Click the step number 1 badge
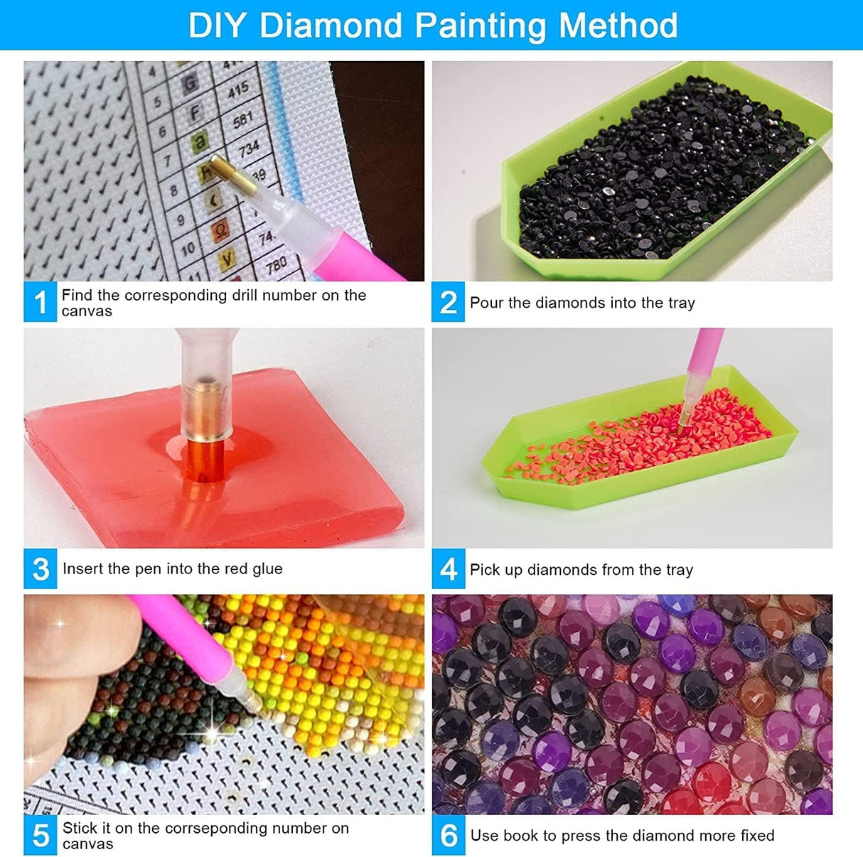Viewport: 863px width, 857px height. pos(41,302)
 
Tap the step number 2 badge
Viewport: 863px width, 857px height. pos(449,302)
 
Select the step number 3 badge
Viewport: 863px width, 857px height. pos(41,568)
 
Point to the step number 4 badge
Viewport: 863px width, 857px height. pos(449,568)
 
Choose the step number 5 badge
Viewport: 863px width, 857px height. pos(41,835)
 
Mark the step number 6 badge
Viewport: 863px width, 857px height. pos(449,835)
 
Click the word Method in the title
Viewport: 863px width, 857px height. pos(618,26)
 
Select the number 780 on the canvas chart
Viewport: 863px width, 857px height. pos(276,266)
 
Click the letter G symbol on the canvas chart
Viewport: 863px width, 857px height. pos(190,84)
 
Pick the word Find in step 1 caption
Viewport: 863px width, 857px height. pos(76,295)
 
